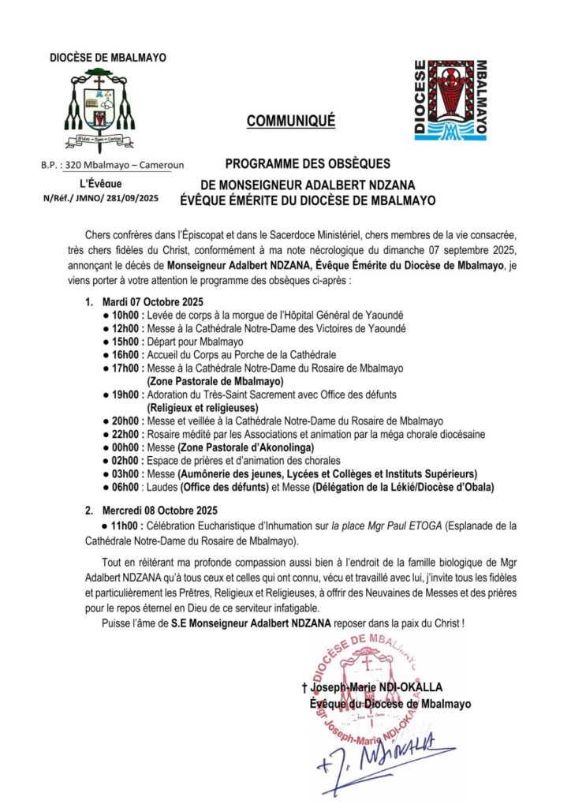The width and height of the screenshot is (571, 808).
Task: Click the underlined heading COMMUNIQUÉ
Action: coord(291,121)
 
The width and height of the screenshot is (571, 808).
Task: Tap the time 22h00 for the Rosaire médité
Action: coord(126,435)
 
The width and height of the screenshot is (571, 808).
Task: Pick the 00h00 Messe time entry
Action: coord(126,447)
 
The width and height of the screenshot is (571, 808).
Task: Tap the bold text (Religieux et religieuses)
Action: coord(203,408)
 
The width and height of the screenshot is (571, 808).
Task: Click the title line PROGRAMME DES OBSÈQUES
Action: coord(308,164)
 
